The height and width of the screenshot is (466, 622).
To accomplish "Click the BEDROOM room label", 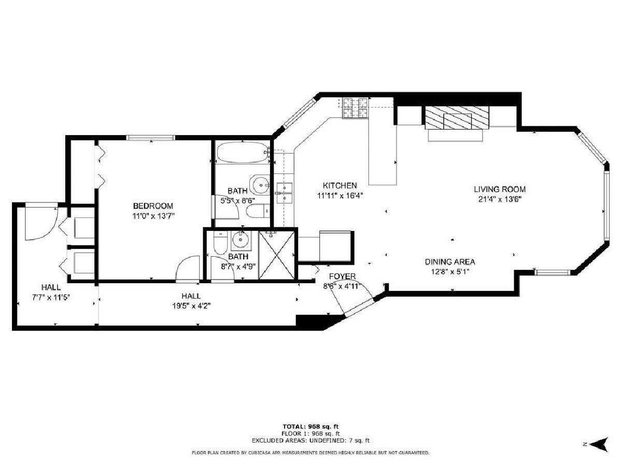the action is pyautogui.click(x=153, y=206).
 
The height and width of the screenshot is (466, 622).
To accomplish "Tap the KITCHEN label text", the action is pyautogui.click(x=340, y=185).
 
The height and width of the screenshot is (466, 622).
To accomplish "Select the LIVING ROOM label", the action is pyautogui.click(x=500, y=189).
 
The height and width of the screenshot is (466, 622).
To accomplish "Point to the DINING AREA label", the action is pyautogui.click(x=450, y=261).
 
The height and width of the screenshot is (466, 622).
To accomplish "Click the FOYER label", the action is pyautogui.click(x=342, y=276).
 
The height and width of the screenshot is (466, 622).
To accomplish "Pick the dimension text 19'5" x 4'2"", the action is pyautogui.click(x=191, y=306).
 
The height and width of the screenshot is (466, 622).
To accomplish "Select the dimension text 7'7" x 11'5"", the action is pyautogui.click(x=51, y=297).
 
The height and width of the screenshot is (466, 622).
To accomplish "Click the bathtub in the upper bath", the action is pyautogui.click(x=243, y=153).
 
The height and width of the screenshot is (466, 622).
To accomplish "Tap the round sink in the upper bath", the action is pyautogui.click(x=259, y=184).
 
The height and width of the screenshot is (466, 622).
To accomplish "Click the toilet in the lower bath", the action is pyautogui.click(x=220, y=243).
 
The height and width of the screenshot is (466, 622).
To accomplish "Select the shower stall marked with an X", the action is pyautogui.click(x=276, y=255).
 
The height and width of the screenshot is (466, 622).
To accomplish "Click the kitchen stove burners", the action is pyautogui.click(x=356, y=108).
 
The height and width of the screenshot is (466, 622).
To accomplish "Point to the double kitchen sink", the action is pyautogui.click(x=284, y=193).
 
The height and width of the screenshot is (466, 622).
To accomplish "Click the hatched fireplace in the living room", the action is pyautogui.click(x=457, y=118).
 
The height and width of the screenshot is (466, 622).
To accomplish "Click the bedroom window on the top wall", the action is pyautogui.click(x=150, y=138).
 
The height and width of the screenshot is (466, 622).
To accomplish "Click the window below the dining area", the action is pyautogui.click(x=552, y=272).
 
